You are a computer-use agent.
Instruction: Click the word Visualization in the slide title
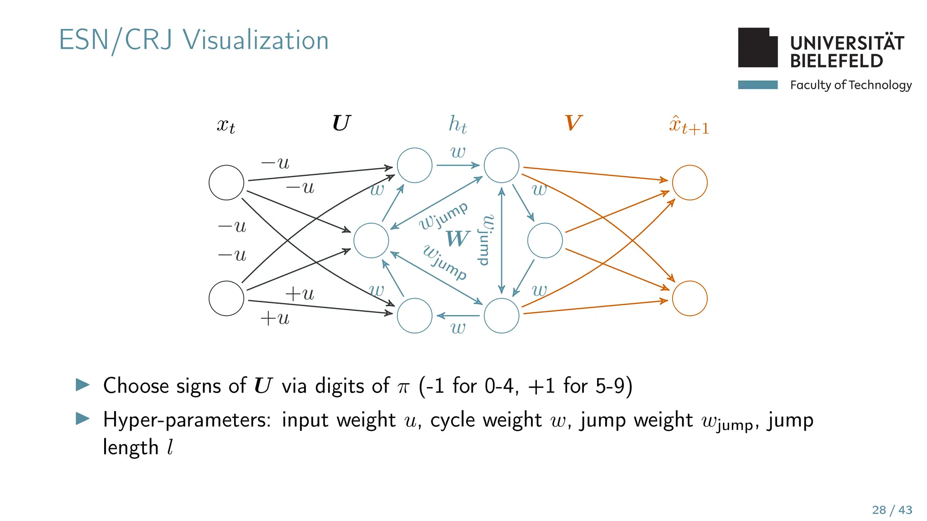tap(256, 40)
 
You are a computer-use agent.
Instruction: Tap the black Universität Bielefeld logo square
tap(757, 48)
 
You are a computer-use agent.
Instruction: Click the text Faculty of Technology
tap(851, 85)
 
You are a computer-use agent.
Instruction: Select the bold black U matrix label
tap(341, 123)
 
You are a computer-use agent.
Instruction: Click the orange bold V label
tap(573, 123)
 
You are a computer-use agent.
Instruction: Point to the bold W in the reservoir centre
tap(458, 238)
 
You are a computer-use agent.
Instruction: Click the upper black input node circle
tap(226, 183)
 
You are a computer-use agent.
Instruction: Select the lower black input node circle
tap(226, 298)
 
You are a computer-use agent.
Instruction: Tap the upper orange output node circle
tap(689, 183)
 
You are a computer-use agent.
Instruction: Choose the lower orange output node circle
tap(689, 298)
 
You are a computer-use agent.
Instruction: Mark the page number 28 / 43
tap(892, 510)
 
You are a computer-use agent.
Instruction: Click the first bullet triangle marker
tap(83, 385)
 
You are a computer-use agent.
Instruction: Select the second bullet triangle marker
tap(83, 418)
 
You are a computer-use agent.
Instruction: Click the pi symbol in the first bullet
tap(403, 388)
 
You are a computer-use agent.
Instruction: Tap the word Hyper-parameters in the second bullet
tap(187, 420)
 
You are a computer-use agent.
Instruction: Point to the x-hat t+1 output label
tap(688, 125)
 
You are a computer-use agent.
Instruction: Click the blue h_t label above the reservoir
tap(457, 124)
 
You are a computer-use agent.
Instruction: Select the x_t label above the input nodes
tap(226, 125)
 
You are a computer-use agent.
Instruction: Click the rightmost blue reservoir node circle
tap(545, 241)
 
